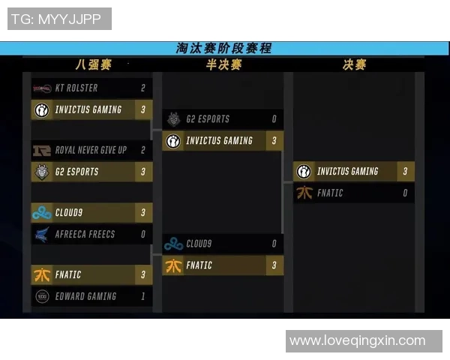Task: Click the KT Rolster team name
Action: (76, 88)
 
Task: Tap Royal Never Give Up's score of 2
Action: (143, 150)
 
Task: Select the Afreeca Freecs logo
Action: (42, 234)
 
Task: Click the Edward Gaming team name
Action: (85, 296)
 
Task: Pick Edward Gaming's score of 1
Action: (143, 296)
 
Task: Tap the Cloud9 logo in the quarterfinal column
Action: (42, 213)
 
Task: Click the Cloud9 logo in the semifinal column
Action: (173, 244)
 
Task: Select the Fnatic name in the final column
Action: (330, 193)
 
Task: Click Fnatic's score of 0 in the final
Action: (405, 193)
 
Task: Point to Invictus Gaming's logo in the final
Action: (304, 172)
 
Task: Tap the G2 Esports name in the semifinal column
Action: (208, 118)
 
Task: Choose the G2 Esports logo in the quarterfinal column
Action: (42, 172)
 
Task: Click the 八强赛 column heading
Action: (94, 64)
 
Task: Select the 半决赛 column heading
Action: (223, 64)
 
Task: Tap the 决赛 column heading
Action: (355, 64)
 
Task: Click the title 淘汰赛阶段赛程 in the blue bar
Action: (223, 48)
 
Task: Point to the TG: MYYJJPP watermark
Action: (56, 19)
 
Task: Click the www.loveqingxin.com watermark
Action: (357, 340)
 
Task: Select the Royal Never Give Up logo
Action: (42, 150)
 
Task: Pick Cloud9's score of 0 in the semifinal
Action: (274, 244)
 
